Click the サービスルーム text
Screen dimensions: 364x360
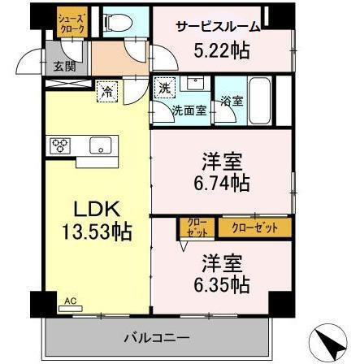(217, 27)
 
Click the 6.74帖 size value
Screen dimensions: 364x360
(219, 182)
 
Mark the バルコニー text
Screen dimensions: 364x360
(156, 336)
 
